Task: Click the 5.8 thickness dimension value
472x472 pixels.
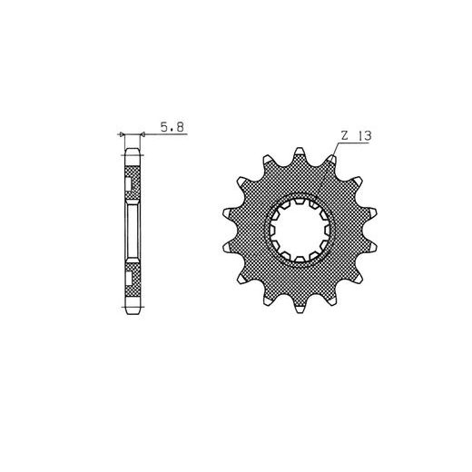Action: [x=172, y=127]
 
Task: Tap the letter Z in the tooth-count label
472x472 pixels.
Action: [x=345, y=136]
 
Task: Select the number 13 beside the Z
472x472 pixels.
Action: [x=364, y=136]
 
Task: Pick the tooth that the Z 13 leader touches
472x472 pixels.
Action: [x=332, y=159]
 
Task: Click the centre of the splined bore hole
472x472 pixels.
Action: [x=300, y=231]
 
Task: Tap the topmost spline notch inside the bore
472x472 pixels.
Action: [x=300, y=201]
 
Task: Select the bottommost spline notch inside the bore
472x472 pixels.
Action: [x=300, y=260]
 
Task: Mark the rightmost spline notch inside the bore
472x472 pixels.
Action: [x=327, y=231]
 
